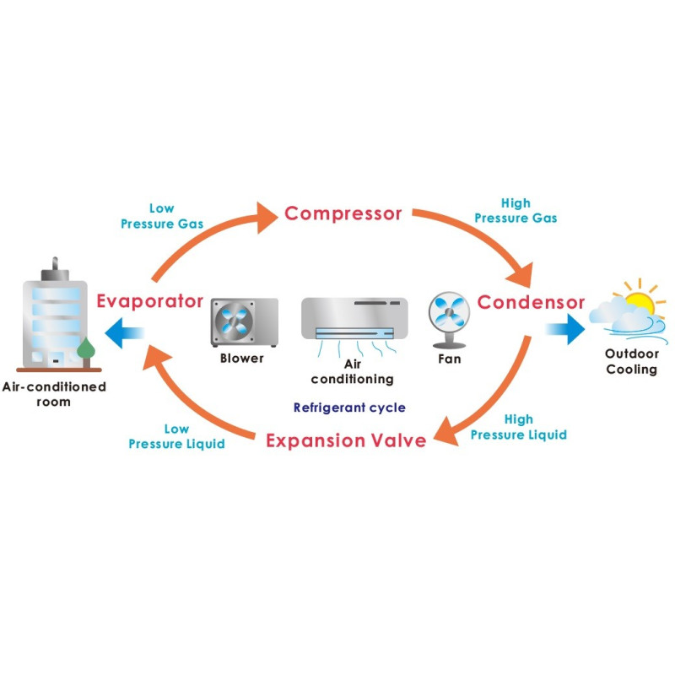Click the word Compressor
pos(343,213)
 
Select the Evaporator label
pos(149,301)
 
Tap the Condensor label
pos(531,302)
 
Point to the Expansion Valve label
pos(346,440)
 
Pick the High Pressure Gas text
pos(515,210)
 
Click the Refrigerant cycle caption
pos(349,408)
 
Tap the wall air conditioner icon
pos(354,319)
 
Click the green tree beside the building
pos(85,349)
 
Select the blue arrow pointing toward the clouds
pos(566,327)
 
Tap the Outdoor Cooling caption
pos(631,362)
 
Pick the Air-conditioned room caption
pos(54,394)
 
